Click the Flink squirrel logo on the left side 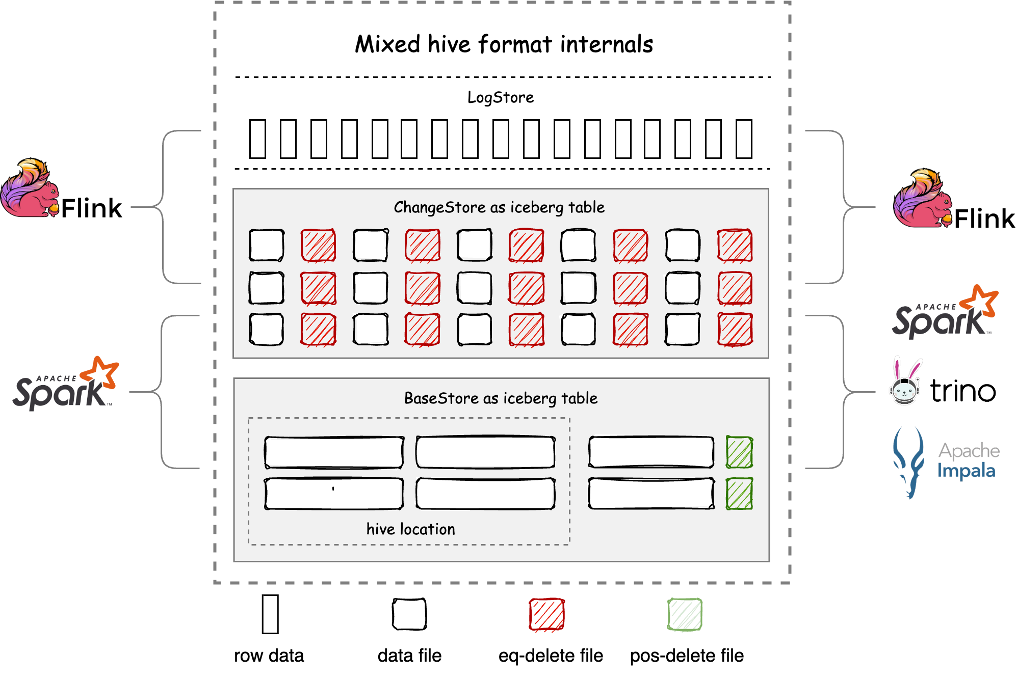tap(30, 188)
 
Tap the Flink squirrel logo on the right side tap(923, 199)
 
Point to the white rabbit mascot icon tap(905, 382)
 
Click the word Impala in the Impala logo tap(966, 471)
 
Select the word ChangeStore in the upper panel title tap(439, 207)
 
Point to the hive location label tap(410, 529)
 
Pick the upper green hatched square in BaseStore tap(739, 452)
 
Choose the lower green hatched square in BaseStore tap(739, 493)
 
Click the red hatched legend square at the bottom tap(546, 614)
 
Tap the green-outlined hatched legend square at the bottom tap(685, 614)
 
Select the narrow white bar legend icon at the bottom tap(270, 614)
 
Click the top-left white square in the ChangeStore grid tap(267, 245)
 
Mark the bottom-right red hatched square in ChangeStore tap(735, 330)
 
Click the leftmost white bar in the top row tap(257, 139)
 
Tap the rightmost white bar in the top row tap(744, 139)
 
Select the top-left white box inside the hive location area tap(334, 452)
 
